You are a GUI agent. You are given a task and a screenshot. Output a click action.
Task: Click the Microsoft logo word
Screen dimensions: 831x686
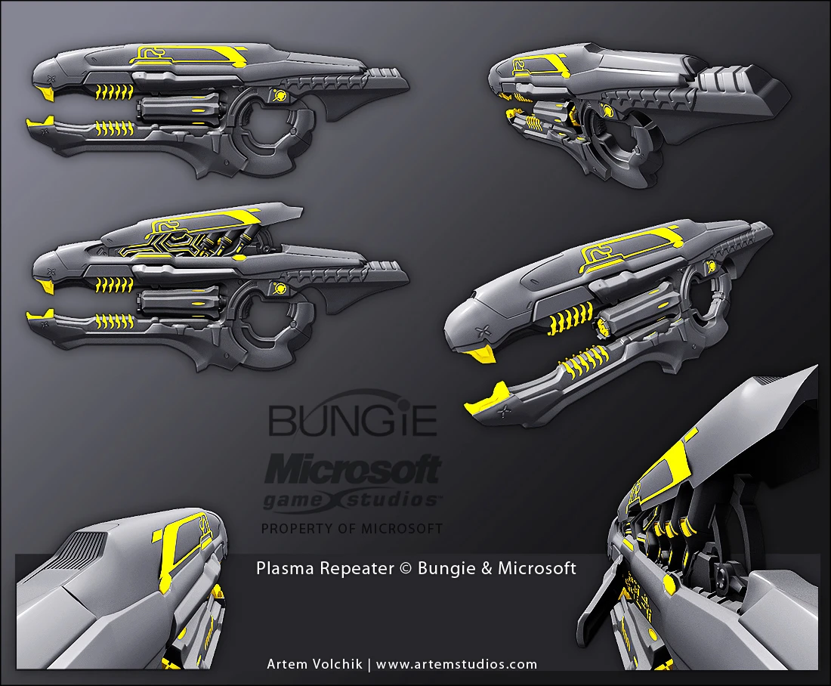click(x=353, y=470)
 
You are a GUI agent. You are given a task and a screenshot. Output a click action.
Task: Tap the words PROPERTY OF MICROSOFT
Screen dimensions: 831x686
click(x=352, y=529)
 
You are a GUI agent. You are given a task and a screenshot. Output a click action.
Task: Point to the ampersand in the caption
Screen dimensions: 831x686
click(x=489, y=568)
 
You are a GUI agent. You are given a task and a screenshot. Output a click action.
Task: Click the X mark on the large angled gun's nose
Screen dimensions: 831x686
click(x=482, y=332)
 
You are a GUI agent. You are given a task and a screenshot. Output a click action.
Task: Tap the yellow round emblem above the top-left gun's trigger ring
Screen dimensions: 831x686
click(x=279, y=95)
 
